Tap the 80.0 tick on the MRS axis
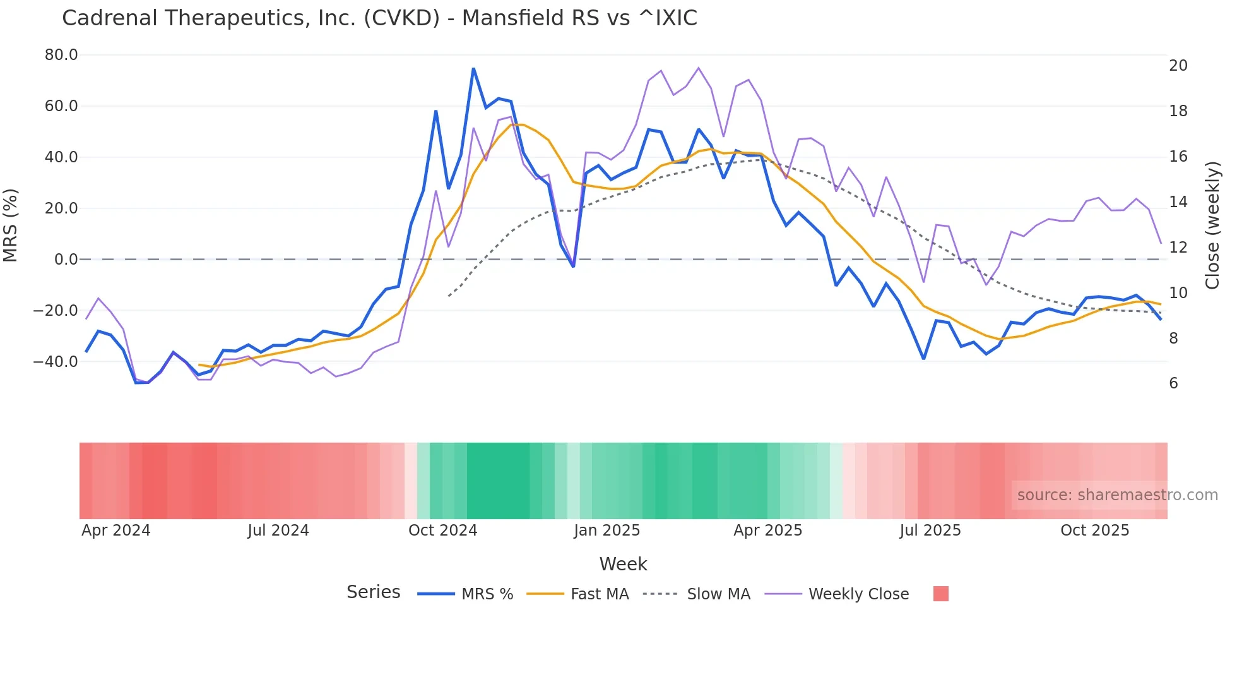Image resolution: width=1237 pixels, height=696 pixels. point(61,55)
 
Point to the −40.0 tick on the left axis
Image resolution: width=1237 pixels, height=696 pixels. point(56,362)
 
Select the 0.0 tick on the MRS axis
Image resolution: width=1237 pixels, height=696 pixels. point(66,260)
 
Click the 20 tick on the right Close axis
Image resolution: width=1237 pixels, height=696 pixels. point(1178,66)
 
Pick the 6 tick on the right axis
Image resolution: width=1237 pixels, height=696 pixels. point(1173,383)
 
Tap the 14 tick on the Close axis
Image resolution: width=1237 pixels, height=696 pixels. point(1178,202)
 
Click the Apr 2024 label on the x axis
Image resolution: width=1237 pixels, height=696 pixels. point(116,531)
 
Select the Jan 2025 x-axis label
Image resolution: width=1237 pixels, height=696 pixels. point(607,531)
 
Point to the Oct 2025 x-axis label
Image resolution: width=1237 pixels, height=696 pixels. point(1094,531)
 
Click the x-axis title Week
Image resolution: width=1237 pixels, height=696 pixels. point(623,564)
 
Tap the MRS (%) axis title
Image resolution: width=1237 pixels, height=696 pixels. point(11,225)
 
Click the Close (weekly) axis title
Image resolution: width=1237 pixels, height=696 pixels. point(1212,225)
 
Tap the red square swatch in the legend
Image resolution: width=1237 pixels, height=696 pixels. point(940,594)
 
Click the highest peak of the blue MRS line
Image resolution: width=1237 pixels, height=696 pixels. point(473,69)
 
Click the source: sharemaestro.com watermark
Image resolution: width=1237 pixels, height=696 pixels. point(1117,495)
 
